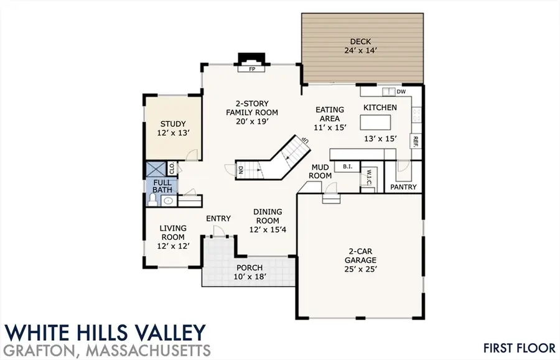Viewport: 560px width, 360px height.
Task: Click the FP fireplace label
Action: [x=253, y=70]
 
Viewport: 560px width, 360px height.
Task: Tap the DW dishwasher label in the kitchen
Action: [x=401, y=92]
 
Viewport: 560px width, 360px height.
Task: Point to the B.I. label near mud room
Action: [x=346, y=167]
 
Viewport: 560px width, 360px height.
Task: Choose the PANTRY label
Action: [x=403, y=187]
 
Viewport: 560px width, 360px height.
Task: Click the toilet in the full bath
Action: [x=151, y=200]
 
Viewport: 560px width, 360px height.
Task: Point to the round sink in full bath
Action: [x=168, y=201]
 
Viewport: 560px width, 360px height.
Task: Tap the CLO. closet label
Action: [x=170, y=168]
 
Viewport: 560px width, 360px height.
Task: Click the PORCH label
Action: [x=249, y=268]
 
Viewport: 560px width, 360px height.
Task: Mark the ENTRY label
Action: [x=218, y=218]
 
